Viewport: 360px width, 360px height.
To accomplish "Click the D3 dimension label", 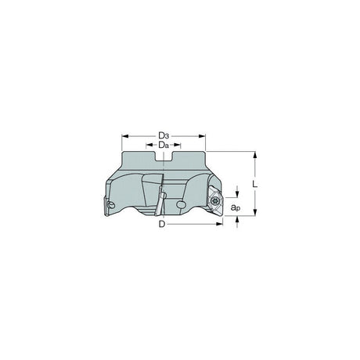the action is coord(164,136).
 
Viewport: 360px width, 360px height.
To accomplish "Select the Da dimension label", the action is coord(164,145).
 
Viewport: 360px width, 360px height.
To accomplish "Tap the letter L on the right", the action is coord(255,184).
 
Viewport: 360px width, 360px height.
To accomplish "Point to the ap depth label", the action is coord(236,207).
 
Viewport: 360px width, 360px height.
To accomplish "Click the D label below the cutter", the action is coord(162,224).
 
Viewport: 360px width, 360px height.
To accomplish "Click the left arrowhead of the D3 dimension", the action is coord(125,136).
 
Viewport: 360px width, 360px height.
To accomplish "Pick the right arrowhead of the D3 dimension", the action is coord(202,136).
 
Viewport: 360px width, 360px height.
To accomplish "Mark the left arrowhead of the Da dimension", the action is coord(149,145).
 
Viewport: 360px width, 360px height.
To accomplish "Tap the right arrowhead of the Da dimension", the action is coord(178,145).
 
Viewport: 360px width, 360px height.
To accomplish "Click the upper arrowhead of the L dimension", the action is coord(255,155).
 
